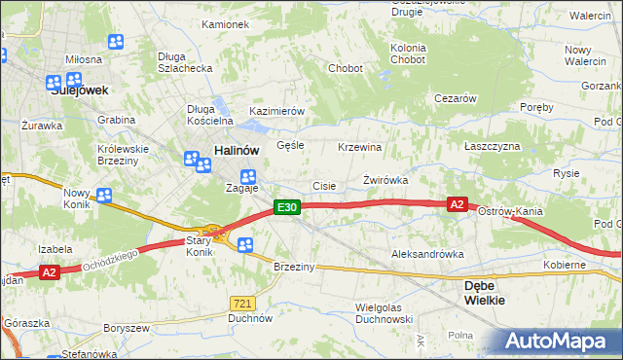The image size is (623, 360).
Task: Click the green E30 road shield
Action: [x=285, y=207]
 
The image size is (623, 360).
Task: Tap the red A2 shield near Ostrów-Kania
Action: [x=458, y=204]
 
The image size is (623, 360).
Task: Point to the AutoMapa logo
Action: [x=559, y=342]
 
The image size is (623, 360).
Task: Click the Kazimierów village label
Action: [x=277, y=111]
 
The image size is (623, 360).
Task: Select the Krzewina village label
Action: [x=359, y=146]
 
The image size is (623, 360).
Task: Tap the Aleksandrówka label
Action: [x=426, y=254]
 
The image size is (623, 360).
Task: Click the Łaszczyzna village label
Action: [x=492, y=145]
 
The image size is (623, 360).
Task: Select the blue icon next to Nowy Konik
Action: [x=104, y=195]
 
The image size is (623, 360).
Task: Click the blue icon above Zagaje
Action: [x=248, y=176]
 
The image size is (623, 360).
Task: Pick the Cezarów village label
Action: [x=455, y=98]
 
